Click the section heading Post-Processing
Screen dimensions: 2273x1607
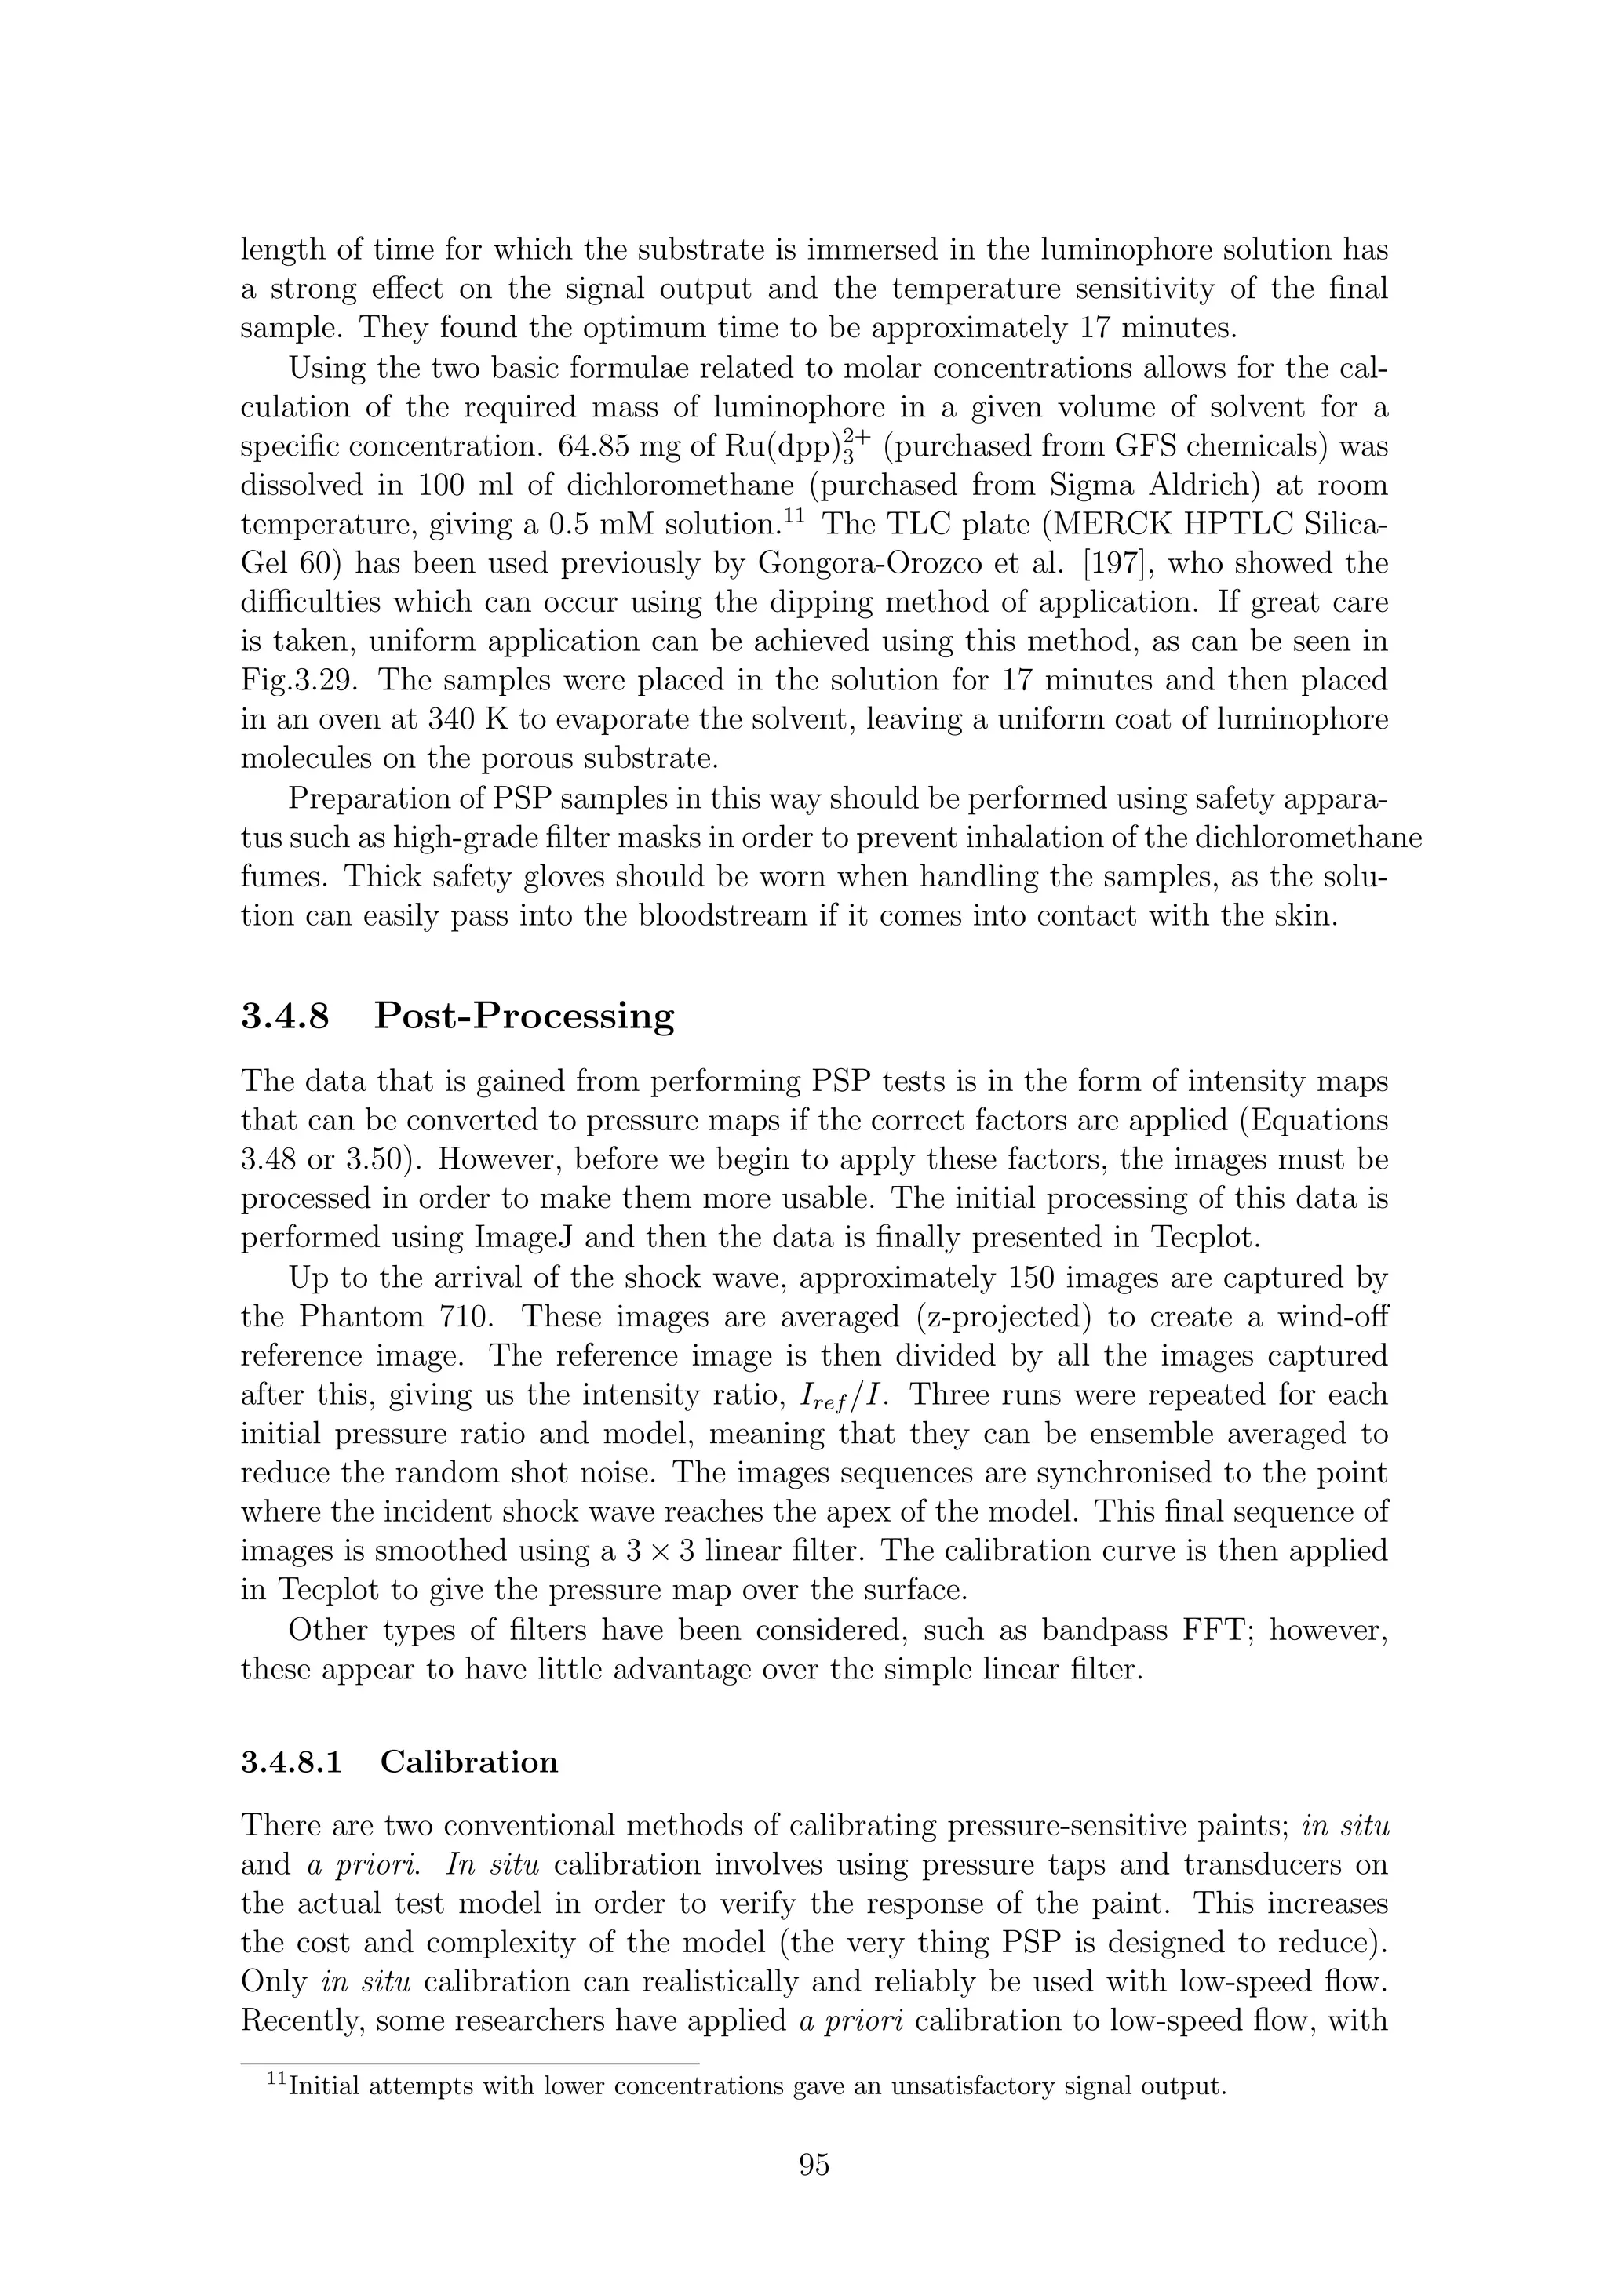coord(524,1016)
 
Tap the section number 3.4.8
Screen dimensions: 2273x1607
coord(285,1016)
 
